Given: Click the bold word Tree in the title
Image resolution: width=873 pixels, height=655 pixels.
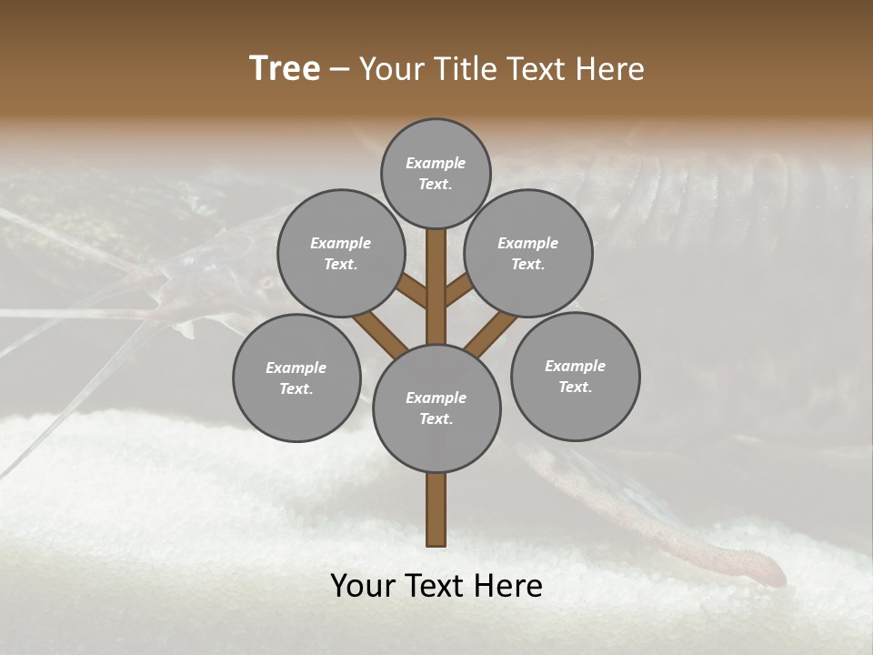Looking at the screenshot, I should (x=285, y=69).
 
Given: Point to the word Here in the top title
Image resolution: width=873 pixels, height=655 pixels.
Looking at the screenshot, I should (x=611, y=69).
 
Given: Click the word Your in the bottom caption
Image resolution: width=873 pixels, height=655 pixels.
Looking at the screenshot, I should (x=364, y=586).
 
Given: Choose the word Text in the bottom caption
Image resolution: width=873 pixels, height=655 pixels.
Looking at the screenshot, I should (x=436, y=586).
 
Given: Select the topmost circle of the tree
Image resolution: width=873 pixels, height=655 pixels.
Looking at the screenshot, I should (x=436, y=173).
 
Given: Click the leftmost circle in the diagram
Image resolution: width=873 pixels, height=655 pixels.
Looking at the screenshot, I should (x=296, y=378).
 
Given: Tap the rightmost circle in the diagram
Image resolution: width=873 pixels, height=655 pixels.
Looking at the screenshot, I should (x=575, y=376).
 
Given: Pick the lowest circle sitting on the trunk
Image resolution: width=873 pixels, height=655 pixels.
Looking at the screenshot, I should (x=436, y=408).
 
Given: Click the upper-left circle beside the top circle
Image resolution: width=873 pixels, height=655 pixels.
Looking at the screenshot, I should (x=340, y=253).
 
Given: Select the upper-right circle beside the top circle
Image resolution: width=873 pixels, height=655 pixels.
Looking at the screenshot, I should (x=527, y=253).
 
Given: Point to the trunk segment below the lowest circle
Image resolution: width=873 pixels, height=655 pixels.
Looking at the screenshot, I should (x=436, y=509).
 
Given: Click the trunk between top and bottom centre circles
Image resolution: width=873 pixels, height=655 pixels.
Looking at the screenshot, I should (x=436, y=287).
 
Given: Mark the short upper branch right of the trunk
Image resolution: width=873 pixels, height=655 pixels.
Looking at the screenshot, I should (x=458, y=292).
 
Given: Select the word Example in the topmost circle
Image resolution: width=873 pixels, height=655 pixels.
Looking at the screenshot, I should (x=436, y=163).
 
